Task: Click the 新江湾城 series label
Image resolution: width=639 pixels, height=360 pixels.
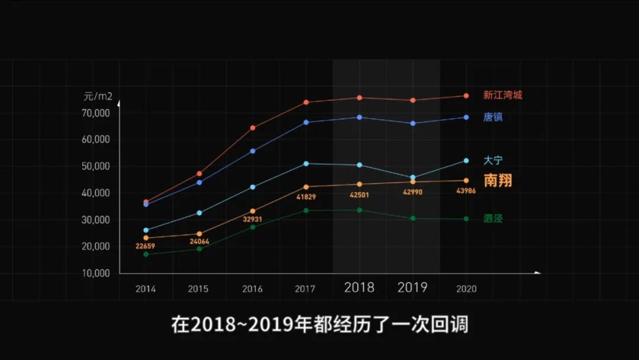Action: point(502,95)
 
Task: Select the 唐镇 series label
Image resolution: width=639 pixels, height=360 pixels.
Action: point(493,117)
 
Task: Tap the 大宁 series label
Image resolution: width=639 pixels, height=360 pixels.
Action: point(493,160)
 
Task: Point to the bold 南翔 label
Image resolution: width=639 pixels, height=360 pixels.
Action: point(498,181)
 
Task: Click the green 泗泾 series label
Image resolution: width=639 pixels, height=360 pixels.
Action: point(493,219)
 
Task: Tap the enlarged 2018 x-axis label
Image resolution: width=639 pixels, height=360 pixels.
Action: point(359,288)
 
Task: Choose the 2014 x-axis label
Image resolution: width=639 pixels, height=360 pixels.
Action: point(146,289)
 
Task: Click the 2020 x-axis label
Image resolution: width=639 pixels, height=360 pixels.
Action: point(466,289)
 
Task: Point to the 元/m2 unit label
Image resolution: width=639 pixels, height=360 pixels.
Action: point(98,95)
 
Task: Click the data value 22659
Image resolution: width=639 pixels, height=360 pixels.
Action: point(146,247)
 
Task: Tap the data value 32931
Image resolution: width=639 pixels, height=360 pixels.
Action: point(252,220)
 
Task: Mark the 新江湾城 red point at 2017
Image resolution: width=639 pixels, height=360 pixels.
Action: point(306,102)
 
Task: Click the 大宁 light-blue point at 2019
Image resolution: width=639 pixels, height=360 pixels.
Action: point(413,178)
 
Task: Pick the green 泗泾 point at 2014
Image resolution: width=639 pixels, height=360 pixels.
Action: point(146,254)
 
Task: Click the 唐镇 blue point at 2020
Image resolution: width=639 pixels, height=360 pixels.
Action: point(466,117)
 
